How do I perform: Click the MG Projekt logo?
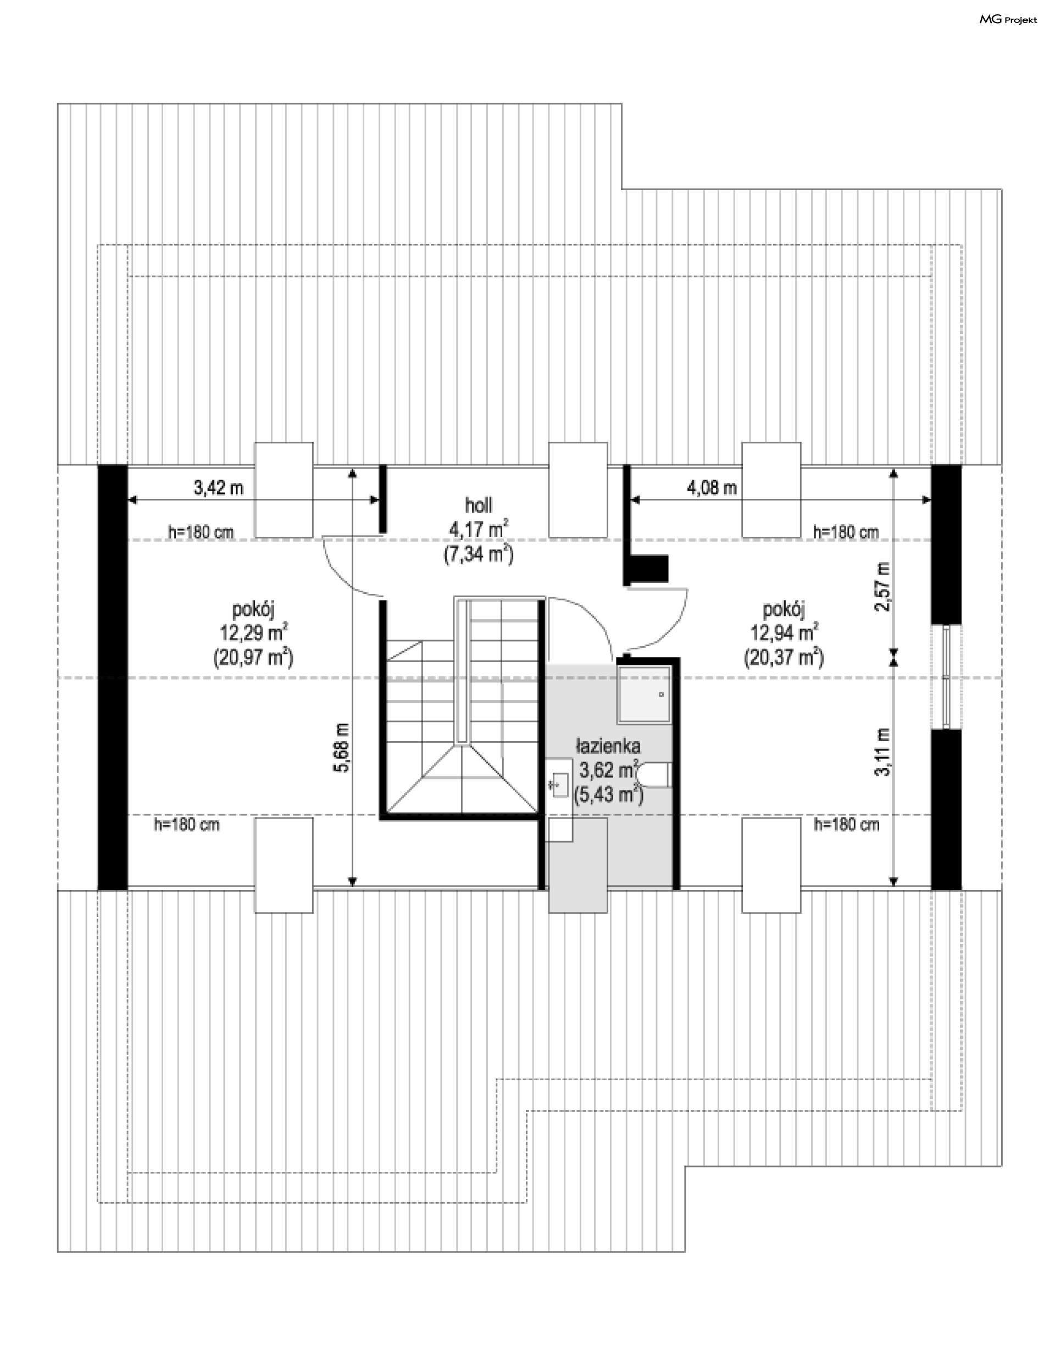1008,19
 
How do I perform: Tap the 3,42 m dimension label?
218,487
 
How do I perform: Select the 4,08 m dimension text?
712,487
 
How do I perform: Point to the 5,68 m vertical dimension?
342,747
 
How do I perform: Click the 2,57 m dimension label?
884,587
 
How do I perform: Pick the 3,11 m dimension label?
884,752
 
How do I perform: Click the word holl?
478,504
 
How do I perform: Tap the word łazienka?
608,746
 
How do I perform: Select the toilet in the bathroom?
653,775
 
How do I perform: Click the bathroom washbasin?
559,785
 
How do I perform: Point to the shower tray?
645,694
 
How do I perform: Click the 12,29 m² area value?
253,632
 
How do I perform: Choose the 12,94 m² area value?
784,632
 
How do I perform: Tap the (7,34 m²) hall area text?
478,554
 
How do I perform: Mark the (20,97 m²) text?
253,657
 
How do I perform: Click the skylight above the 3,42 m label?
284,490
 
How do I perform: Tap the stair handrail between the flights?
462,671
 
